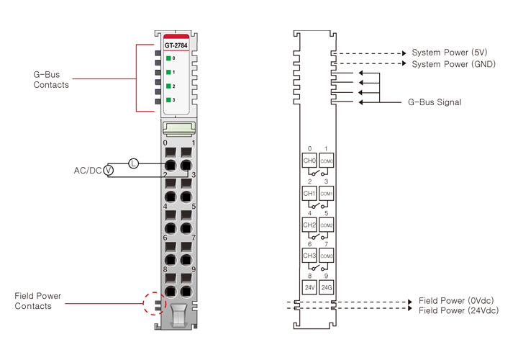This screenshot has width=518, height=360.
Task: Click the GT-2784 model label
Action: pyautogui.click(x=176, y=45)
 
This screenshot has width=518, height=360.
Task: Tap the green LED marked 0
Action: pyautogui.click(x=168, y=58)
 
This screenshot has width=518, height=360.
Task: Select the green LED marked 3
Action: pyautogui.click(x=168, y=99)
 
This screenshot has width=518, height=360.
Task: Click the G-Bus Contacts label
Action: pyautogui.click(x=51, y=79)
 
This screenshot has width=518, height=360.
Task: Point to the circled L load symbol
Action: pyautogui.click(x=133, y=163)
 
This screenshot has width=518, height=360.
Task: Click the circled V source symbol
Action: pyautogui.click(x=109, y=171)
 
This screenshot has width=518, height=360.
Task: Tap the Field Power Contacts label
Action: pyautogui.click(x=37, y=301)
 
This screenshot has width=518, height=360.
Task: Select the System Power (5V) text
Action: pyautogui.click(x=450, y=53)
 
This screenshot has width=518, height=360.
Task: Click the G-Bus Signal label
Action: pyautogui.click(x=435, y=102)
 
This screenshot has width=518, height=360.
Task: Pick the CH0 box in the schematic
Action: pyautogui.click(x=309, y=161)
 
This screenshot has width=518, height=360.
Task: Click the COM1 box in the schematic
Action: pyautogui.click(x=327, y=194)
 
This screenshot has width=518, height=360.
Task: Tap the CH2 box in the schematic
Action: pyautogui.click(x=309, y=225)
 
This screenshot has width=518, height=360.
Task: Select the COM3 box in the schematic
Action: pyautogui.click(x=327, y=256)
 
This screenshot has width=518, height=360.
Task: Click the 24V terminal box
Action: pyautogui.click(x=309, y=287)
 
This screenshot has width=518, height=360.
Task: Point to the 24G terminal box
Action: pyautogui.click(x=327, y=287)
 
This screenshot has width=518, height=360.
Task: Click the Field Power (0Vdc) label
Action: pyautogui.click(x=456, y=300)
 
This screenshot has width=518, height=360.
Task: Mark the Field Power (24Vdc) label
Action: pyautogui.click(x=458, y=310)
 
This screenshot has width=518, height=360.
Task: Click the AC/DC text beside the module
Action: pyautogui.click(x=88, y=171)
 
